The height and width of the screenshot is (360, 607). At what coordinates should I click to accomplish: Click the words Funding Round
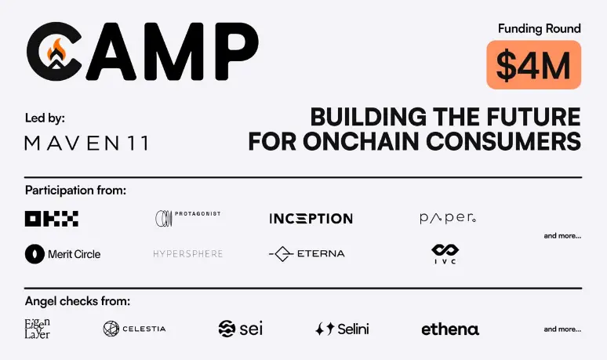tap(539, 28)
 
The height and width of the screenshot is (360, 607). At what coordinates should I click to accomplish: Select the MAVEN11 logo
tap(86, 143)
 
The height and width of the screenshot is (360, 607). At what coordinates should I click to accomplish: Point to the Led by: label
tap(45, 118)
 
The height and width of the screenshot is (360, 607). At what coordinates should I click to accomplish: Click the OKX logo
tap(52, 219)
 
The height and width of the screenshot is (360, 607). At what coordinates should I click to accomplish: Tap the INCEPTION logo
tap(311, 219)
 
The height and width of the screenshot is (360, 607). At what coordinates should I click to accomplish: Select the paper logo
tap(448, 219)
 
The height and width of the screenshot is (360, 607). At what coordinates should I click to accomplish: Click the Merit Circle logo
tap(63, 254)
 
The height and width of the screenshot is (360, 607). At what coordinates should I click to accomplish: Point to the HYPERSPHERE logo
tap(188, 254)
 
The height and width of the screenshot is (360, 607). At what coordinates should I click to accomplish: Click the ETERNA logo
tap(307, 254)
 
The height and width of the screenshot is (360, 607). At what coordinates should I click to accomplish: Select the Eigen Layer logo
tap(38, 328)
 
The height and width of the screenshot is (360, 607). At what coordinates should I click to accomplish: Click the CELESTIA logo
tap(134, 329)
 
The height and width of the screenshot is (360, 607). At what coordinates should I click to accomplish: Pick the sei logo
tap(240, 329)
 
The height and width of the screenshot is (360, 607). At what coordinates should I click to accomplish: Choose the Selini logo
tap(342, 329)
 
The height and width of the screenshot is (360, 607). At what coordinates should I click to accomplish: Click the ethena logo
tap(450, 329)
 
